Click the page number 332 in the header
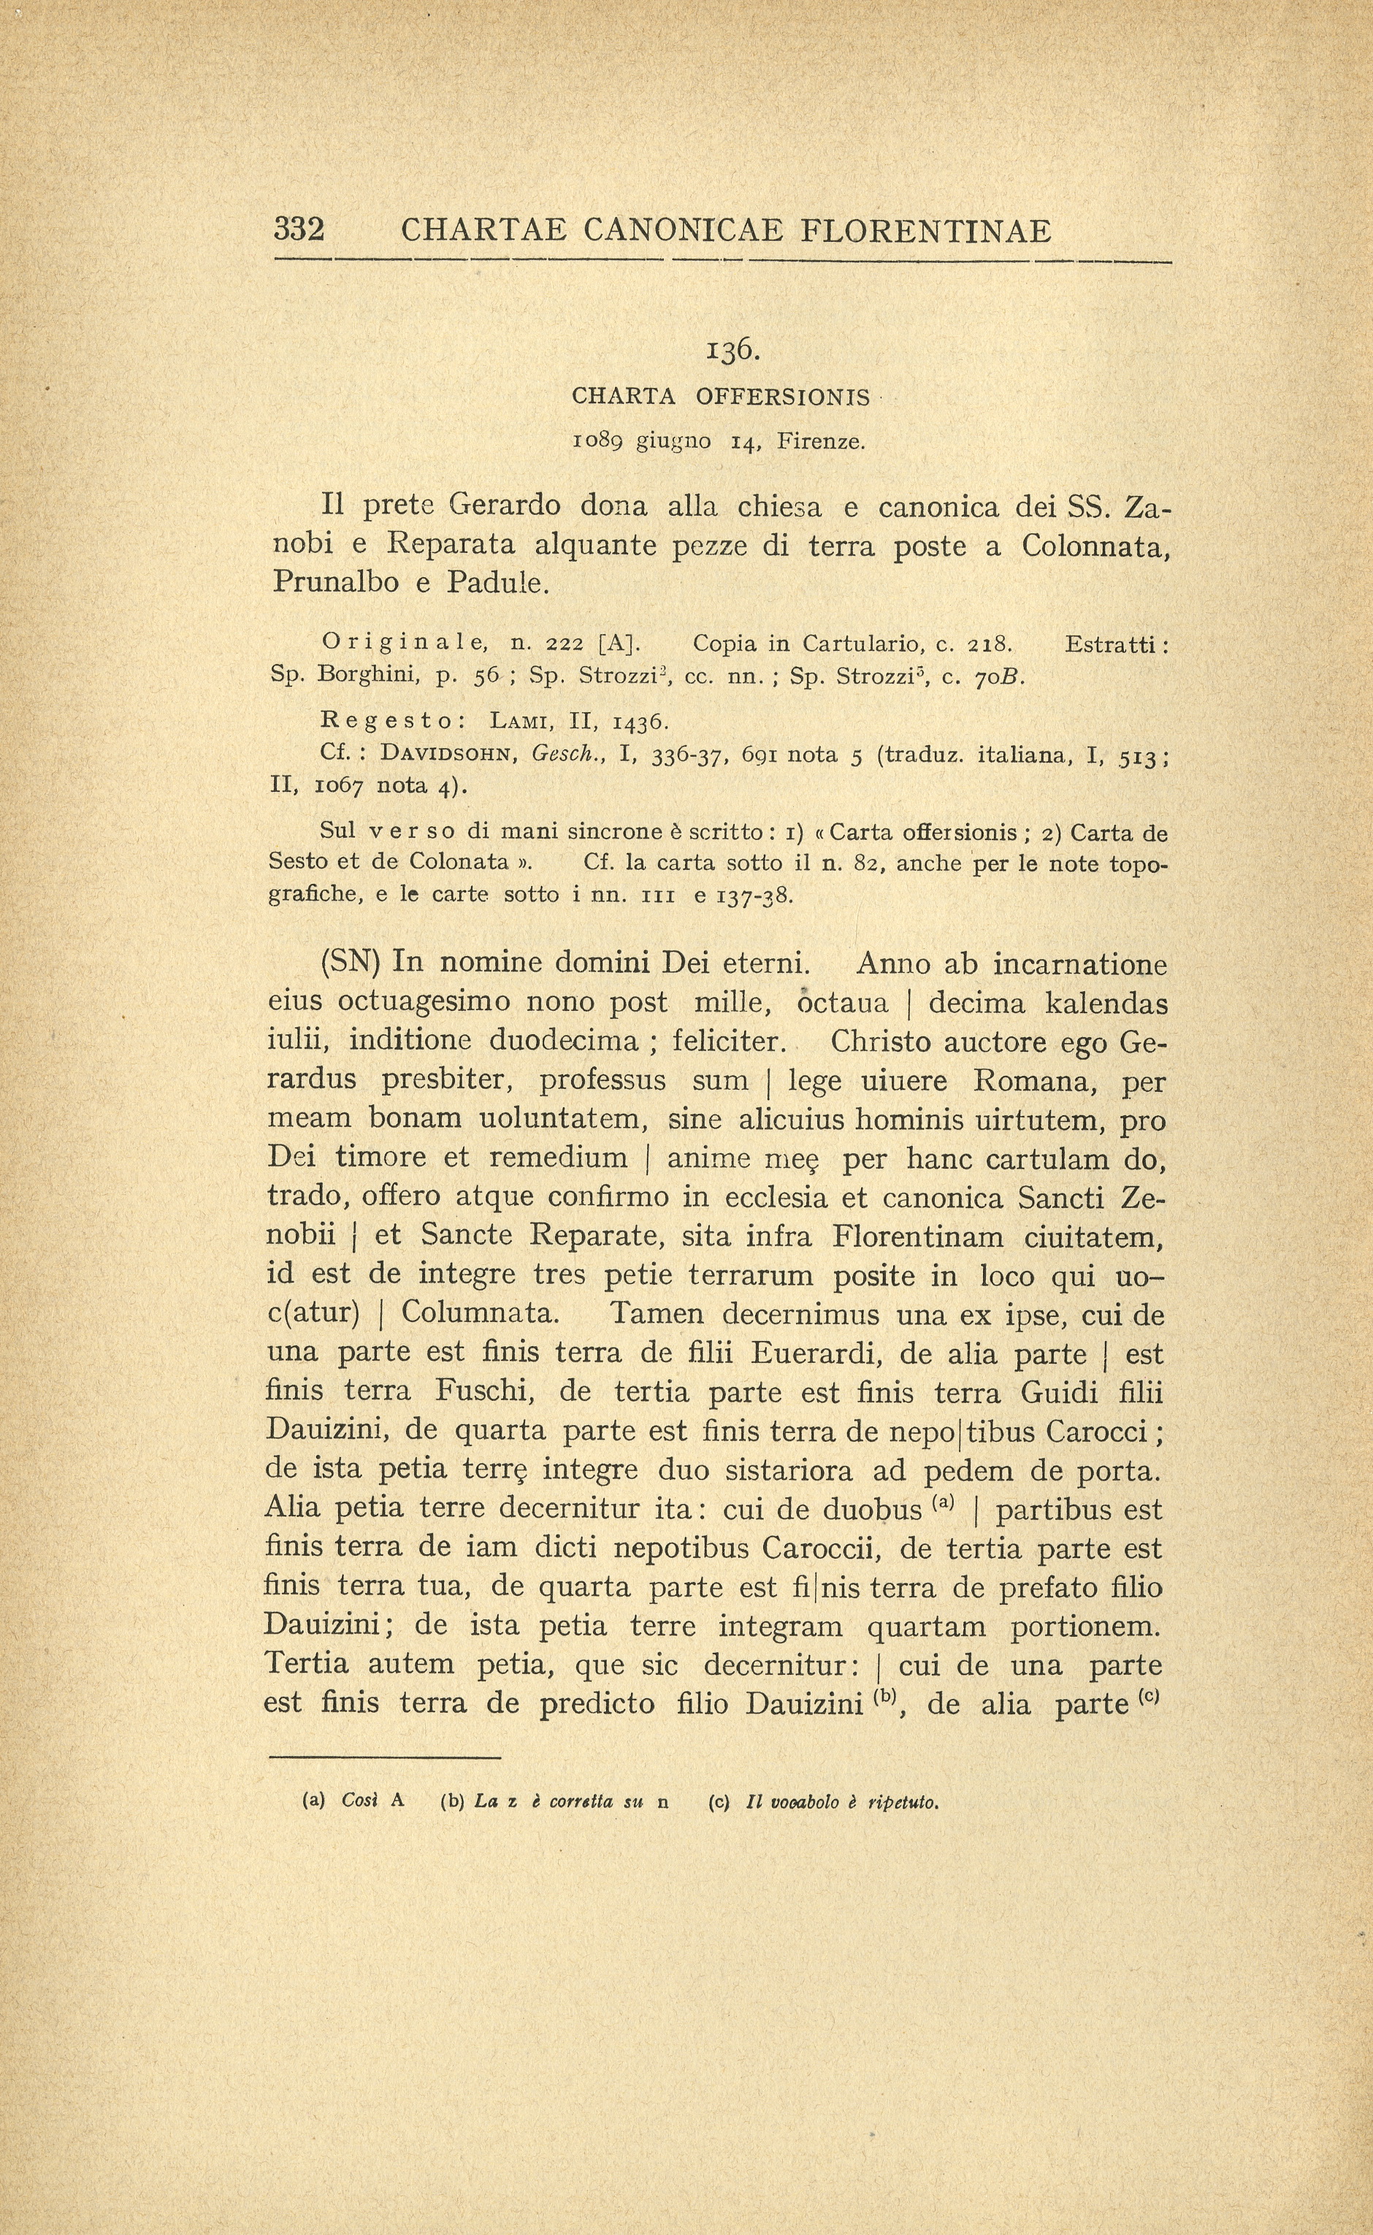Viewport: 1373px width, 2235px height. (x=299, y=230)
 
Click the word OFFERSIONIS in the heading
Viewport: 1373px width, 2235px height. (x=783, y=397)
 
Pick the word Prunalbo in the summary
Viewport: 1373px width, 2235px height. (x=336, y=581)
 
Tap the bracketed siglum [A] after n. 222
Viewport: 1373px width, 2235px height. (x=620, y=643)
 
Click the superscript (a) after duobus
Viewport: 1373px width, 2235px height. (x=941, y=1500)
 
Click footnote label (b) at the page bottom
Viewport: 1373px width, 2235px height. (x=451, y=1802)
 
